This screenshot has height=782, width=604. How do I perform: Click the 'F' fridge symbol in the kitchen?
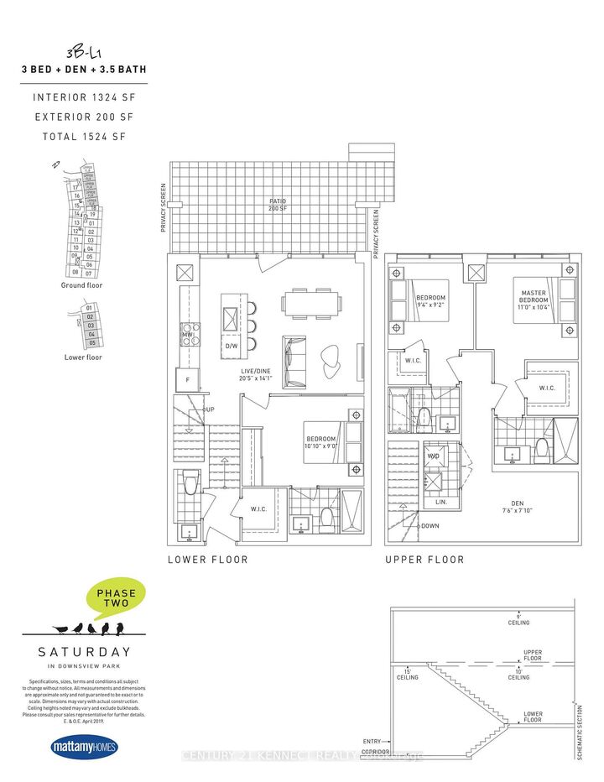pos(187,380)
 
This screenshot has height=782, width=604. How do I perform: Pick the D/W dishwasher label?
pos(231,345)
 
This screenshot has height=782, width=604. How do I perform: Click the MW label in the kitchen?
pos(188,334)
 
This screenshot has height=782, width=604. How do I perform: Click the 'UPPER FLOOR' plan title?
pos(424,560)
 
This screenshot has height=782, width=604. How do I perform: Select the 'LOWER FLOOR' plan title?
pos(207,560)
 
